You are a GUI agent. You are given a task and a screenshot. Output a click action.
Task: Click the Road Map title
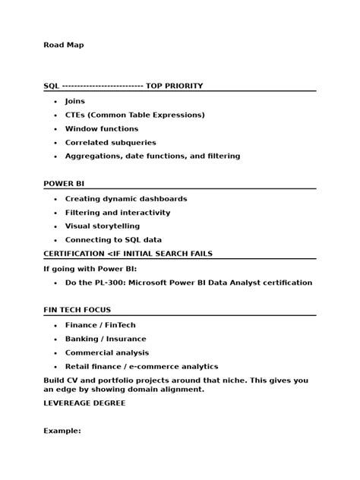pos(63,45)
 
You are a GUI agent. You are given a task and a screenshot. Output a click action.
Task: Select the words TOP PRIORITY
pos(174,86)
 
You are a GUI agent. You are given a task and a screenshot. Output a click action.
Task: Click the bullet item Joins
pos(75,101)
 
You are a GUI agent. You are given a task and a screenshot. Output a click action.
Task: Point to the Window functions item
pos(102,128)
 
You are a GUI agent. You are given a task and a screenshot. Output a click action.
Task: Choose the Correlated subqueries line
pos(110,142)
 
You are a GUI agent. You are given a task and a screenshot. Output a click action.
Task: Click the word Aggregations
pos(93,156)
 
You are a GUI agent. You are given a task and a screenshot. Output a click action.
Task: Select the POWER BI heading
pos(64,184)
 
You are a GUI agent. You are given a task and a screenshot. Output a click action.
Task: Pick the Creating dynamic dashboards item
pos(125,199)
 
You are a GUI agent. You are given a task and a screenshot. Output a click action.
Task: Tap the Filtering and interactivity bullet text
pos(118,213)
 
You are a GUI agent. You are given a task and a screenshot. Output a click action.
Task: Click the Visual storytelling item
pos(103,226)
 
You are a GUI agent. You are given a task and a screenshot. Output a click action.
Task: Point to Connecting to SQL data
pos(113,240)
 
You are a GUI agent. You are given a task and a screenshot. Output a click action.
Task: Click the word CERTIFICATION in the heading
pos(74,253)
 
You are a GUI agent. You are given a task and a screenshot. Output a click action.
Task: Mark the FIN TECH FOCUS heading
pos(77,310)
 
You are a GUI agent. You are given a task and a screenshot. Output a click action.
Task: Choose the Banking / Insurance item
pos(106,339)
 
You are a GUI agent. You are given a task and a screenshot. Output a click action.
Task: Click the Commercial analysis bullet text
pos(107,352)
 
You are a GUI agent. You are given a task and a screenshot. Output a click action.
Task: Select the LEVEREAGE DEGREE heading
pos(84,403)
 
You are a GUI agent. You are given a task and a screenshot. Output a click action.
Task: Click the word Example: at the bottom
pos(62,431)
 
